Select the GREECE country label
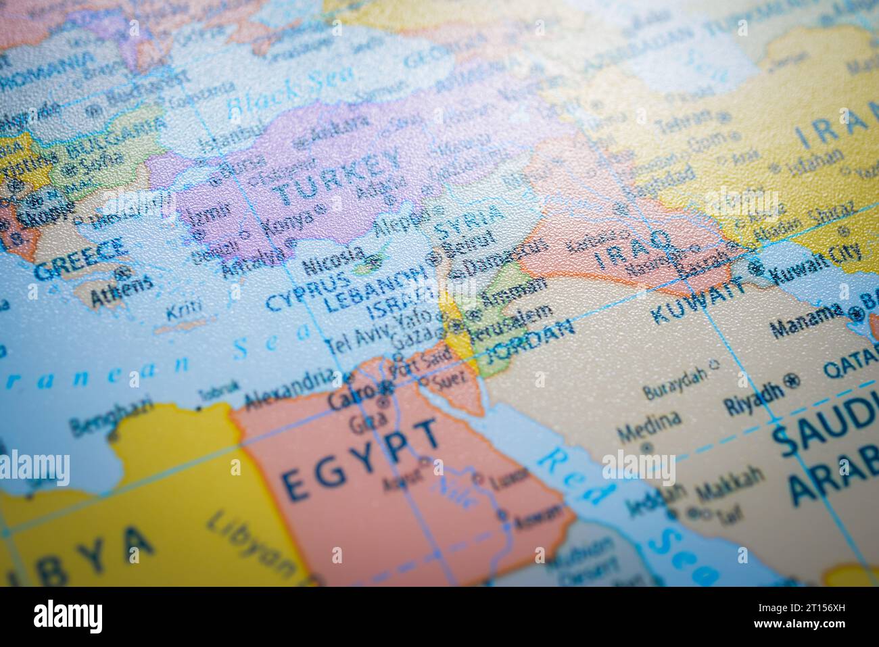point(80,260)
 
